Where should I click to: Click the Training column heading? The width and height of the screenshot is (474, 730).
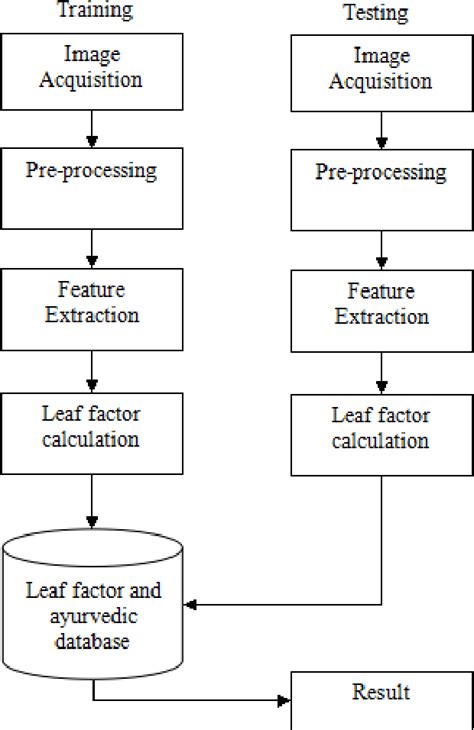94,11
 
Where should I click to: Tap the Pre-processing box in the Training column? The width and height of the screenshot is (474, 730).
91,189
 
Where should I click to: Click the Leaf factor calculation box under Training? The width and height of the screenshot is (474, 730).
91,432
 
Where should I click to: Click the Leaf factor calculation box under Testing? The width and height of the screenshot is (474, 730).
381,434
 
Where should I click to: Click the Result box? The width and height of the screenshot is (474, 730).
381,699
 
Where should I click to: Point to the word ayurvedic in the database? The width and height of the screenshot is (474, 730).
92,616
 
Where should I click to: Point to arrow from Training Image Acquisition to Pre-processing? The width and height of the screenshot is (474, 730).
92,127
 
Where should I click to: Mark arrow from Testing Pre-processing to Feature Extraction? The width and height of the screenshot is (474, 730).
381,249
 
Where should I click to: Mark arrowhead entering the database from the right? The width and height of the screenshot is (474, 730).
194,604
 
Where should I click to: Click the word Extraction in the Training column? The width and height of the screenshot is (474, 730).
91,315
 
